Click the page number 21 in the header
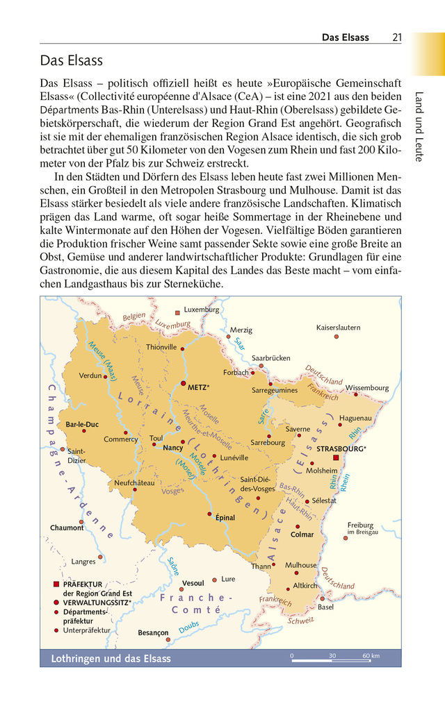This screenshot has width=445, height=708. coord(396,37)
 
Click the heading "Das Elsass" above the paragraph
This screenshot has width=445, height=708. coord(71,60)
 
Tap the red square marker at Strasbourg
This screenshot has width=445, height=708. coord(336,458)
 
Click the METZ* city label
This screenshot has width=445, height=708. coord(199,387)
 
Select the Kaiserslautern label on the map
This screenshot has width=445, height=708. coord(338,327)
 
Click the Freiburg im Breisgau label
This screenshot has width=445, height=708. coord(362,528)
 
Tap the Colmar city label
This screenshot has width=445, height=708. coord(302,534)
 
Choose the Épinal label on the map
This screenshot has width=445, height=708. coord(225,518)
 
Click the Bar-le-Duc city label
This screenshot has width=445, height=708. coord(82,424)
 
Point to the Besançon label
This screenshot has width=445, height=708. coord(153,632)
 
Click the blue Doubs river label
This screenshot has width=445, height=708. coord(188,627)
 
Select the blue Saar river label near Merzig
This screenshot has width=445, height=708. coord(239,344)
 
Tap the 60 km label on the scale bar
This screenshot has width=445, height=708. coord(371,656)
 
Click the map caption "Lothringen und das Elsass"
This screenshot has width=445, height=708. coord(111,658)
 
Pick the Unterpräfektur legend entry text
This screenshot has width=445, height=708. coord(86,630)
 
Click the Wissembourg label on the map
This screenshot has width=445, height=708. coord(367,387)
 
